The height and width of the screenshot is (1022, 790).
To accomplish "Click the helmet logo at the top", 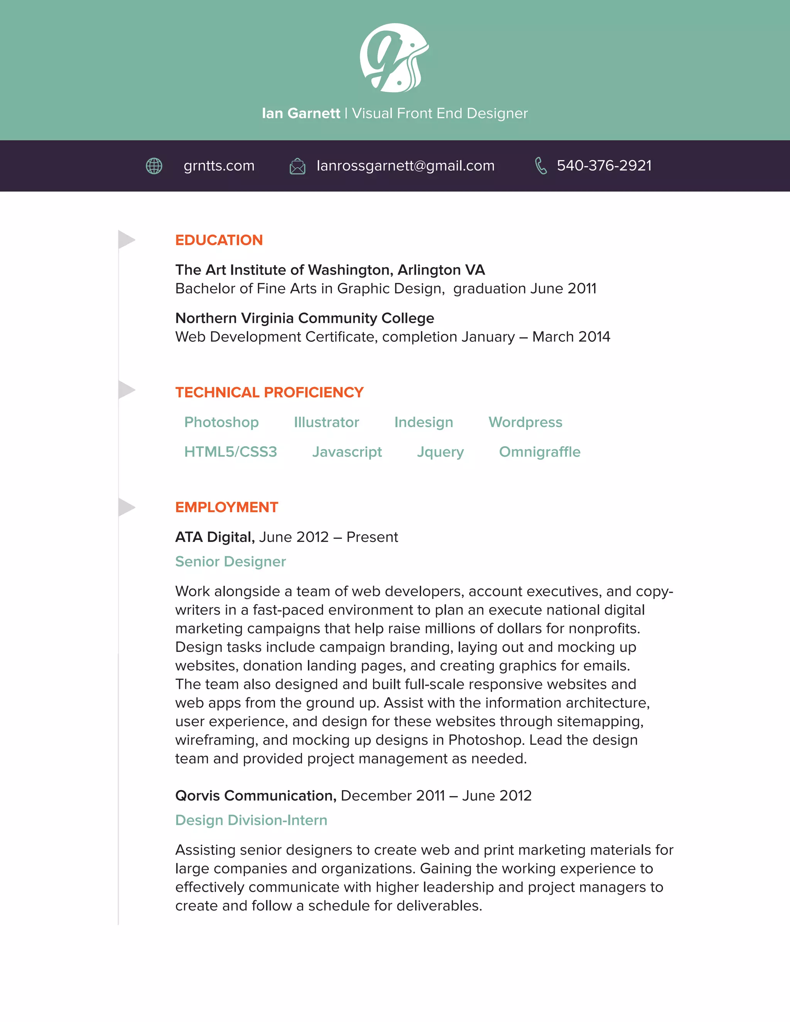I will (394, 57).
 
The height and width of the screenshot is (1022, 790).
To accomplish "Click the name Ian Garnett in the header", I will (300, 113).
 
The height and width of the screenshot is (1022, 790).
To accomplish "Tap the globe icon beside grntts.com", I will (154, 166).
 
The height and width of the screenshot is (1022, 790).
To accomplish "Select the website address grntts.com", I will (219, 166).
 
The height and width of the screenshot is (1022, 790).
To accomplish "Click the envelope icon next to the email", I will (297, 166).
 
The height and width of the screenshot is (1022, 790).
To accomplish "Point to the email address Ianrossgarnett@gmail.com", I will (405, 166).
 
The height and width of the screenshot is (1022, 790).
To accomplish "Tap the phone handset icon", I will (540, 166).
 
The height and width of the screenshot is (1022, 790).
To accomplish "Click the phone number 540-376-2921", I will (604, 166).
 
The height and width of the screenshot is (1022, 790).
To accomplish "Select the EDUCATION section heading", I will (219, 240).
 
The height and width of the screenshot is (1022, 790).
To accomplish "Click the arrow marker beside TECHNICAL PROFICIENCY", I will (126, 390).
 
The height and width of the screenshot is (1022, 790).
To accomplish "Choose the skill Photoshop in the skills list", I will (221, 422).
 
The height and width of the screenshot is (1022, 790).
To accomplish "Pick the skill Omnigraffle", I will (540, 452).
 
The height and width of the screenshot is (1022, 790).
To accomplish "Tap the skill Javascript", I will (347, 452).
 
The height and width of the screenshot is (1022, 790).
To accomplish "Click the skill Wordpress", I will (525, 422).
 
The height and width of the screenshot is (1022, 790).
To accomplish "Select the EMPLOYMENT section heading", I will (226, 507).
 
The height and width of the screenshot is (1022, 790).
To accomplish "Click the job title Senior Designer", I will (230, 562).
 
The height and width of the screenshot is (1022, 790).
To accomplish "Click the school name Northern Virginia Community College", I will (305, 318).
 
